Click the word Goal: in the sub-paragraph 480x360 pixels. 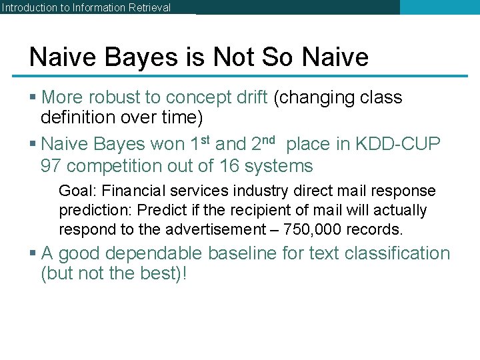point(78,191)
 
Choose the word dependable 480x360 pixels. point(155,253)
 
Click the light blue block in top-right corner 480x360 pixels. point(439,7)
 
